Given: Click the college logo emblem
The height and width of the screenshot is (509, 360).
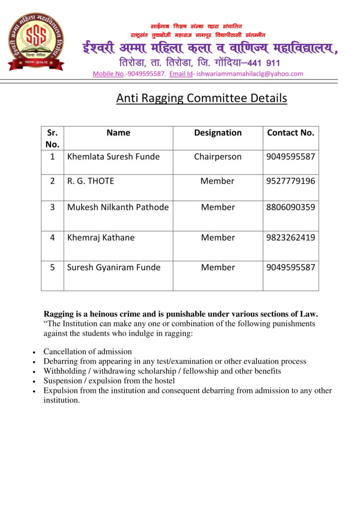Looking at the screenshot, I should coord(36,41).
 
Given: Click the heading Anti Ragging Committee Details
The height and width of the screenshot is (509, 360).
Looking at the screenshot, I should coord(201,98).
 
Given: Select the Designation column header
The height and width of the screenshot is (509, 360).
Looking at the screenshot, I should coord(218,133).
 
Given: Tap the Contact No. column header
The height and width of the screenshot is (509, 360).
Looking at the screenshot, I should coord(290,133).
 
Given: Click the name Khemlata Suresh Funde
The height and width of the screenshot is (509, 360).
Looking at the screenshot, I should coord(113,157).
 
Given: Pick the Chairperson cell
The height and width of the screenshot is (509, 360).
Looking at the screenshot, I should coord(218,157).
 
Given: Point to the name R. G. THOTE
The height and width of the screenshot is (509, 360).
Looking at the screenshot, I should coord(90,181).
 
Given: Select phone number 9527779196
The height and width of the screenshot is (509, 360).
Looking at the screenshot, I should coord(290,181).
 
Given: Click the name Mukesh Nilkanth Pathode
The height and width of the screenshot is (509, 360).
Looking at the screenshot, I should coord(118,207).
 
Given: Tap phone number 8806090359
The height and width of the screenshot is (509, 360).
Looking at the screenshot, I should coord(290,207).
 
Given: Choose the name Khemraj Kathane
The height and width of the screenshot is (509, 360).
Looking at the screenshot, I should coord(101,238).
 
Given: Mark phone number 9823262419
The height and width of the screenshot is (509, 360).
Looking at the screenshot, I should coord(290,238).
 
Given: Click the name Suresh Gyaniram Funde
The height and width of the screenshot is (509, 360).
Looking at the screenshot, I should coord(114,267).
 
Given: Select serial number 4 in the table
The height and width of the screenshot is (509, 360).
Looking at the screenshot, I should coord(52,238).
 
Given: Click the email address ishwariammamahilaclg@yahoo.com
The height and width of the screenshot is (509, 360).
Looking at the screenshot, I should coord(250,74).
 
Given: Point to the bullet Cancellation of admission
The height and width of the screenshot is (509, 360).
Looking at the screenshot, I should coord(88,351).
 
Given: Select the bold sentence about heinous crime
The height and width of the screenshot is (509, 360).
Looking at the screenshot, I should coord(180,314).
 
